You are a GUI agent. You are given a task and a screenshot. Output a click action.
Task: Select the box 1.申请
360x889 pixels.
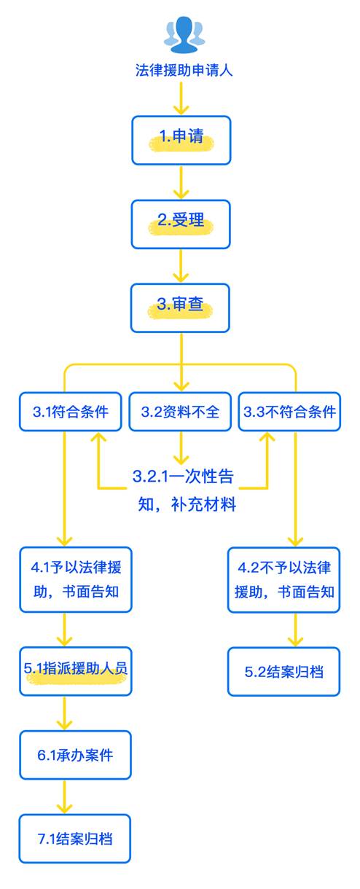pos(181,139)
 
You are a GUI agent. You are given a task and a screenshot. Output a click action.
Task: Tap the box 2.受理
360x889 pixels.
pos(181,223)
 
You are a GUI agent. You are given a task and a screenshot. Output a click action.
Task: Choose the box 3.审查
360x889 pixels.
pos(181,307)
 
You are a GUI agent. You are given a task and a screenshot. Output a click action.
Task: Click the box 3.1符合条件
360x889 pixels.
pos(71,412)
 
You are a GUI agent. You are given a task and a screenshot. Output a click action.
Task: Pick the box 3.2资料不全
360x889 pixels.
pos(181,412)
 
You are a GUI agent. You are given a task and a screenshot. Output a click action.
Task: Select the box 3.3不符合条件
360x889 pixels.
pos(289,412)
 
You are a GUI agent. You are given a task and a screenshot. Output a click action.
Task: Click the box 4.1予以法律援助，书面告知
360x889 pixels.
pos(76,579)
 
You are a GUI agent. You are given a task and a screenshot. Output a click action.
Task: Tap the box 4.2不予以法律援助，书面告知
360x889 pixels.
pos(285,579)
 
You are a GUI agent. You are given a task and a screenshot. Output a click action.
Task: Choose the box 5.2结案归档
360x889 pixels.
pos(285,671)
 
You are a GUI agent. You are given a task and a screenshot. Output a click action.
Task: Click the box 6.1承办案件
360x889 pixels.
pos(76,755)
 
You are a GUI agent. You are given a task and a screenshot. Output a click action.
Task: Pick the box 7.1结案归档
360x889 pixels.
pos(76,839)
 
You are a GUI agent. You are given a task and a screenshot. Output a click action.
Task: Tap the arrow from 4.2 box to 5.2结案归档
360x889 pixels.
pos(295,629)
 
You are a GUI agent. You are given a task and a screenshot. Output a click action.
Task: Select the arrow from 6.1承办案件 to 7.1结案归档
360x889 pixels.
pos(65,796)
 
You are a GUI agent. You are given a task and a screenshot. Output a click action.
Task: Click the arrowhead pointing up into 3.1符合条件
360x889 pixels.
pos(98,440)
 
